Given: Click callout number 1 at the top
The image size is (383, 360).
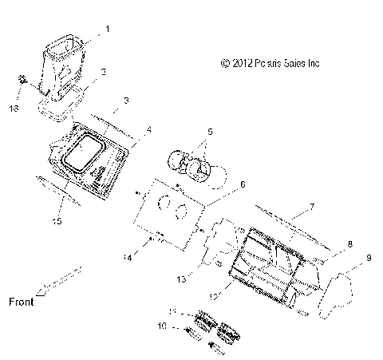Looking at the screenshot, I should pos(108,29).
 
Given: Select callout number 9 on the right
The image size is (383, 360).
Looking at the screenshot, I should pos(368,258).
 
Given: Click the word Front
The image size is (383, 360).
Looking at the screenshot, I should pos(22,302).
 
